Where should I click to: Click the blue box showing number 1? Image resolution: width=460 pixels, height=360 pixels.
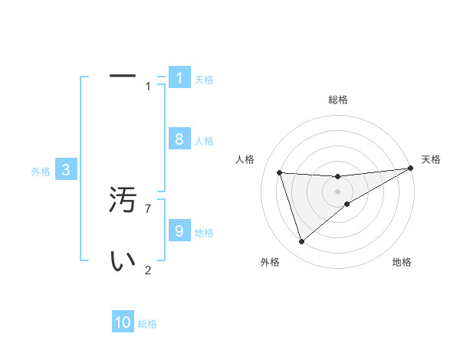tap(179, 77)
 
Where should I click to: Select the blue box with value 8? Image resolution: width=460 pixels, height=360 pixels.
tap(179, 139)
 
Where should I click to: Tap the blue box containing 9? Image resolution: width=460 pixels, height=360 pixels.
tap(179, 231)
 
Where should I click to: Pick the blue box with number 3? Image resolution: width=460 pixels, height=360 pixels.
tap(66, 170)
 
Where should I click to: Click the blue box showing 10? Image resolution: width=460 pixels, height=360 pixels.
tap(123, 322)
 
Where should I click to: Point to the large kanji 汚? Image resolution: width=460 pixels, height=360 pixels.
tap(123, 201)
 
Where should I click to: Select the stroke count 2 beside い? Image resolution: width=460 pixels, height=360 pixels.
tap(148, 270)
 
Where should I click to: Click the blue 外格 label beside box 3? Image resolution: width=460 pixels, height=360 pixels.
tap(41, 172)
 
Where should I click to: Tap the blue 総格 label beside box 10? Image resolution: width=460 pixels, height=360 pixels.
tap(147, 324)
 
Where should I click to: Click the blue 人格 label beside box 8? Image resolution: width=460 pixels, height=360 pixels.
tap(204, 141)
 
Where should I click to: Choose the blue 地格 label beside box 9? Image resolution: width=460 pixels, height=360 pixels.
tap(204, 233)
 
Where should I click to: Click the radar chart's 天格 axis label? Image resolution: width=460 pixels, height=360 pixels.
tap(431, 159)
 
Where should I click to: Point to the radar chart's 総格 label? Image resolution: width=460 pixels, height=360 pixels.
tap(337, 100)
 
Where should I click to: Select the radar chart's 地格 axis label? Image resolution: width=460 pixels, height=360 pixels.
tap(402, 262)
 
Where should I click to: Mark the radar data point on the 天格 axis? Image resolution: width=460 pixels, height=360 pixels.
tap(410, 168)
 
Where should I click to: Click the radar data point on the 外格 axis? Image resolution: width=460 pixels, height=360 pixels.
tap(301, 242)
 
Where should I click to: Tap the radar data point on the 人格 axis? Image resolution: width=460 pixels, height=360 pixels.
tap(279, 172)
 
